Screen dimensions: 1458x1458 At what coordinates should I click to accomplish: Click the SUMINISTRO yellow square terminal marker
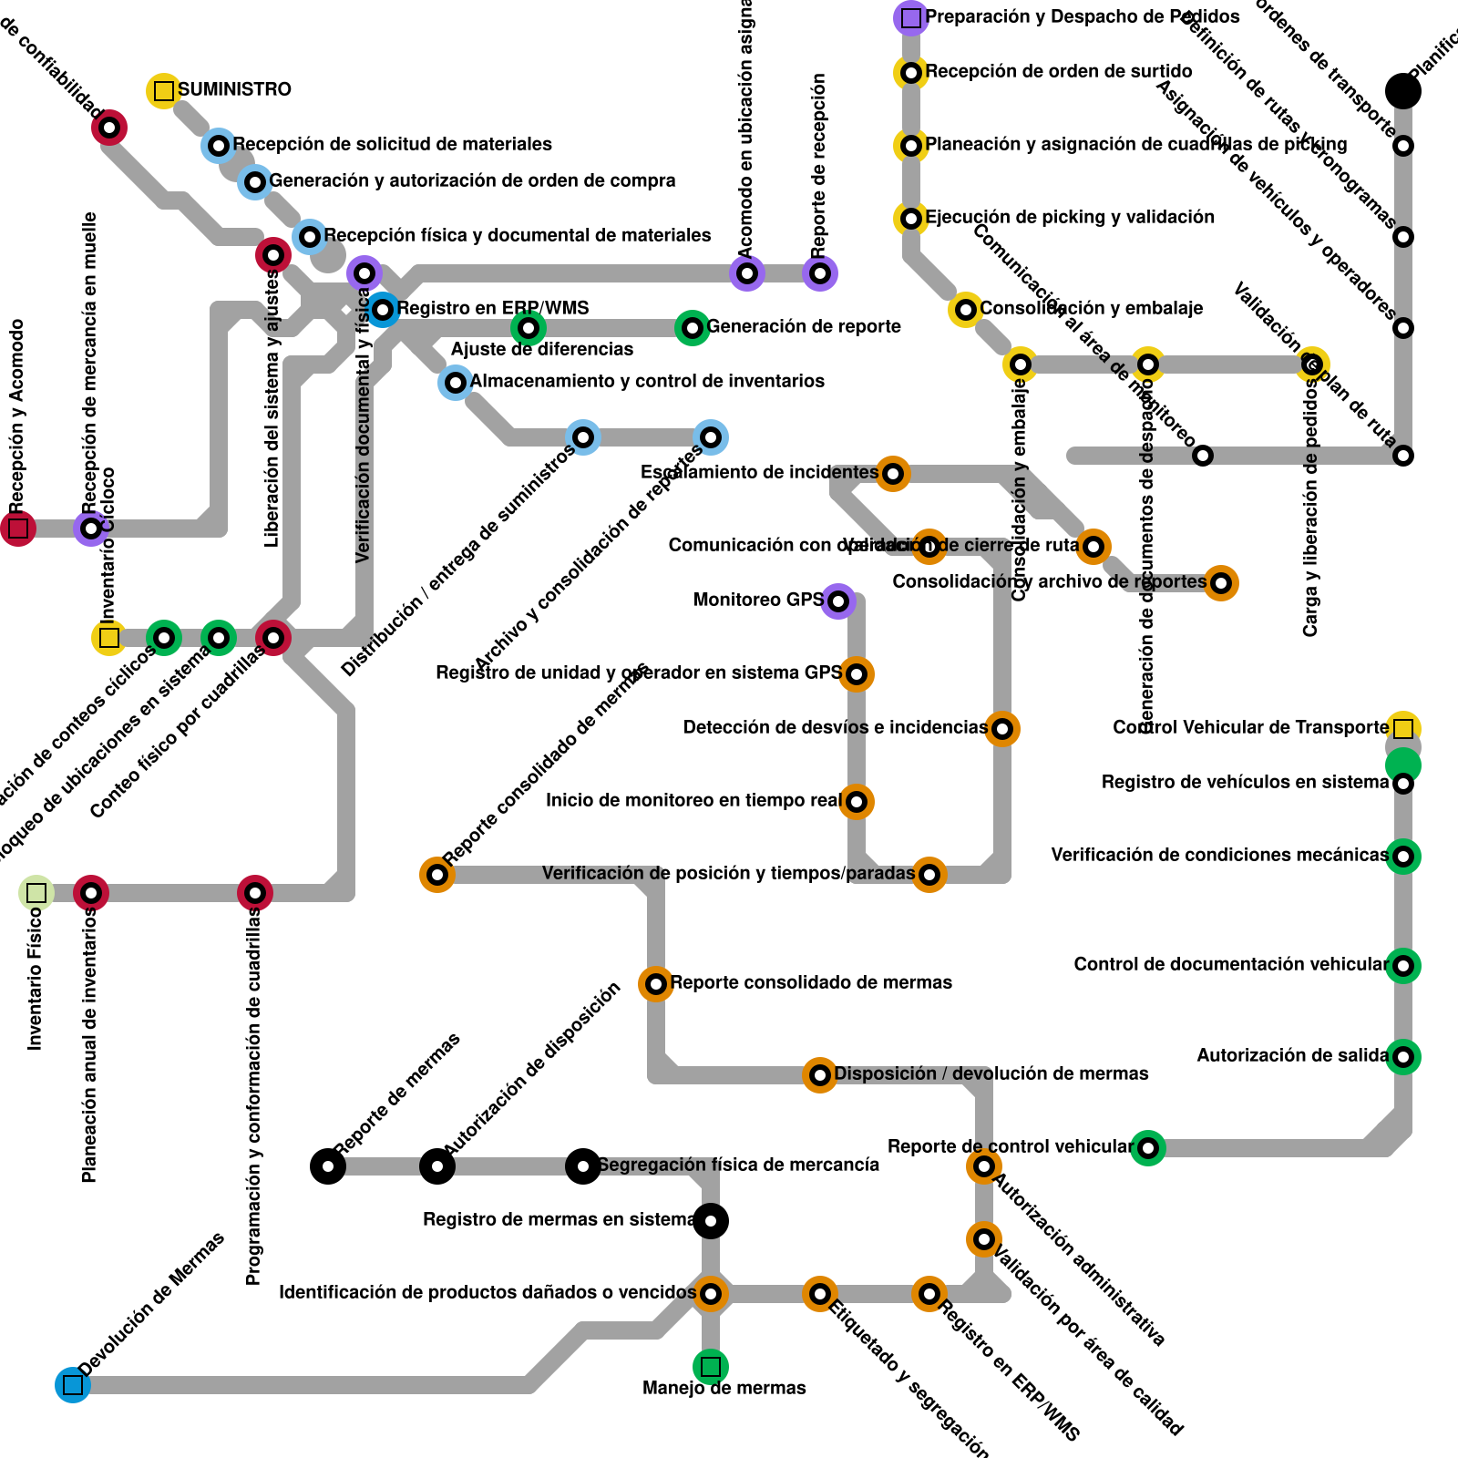pyautogui.click(x=164, y=90)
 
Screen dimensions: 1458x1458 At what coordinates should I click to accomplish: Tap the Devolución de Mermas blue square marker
pyautogui.click(x=73, y=1385)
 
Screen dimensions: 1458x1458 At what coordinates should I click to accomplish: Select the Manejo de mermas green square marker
pyautogui.click(x=711, y=1367)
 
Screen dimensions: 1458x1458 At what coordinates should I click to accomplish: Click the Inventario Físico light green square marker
pyautogui.click(x=36, y=893)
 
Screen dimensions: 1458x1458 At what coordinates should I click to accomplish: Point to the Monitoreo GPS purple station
pyautogui.click(x=838, y=601)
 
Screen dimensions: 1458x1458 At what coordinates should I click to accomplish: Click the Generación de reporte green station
pyautogui.click(x=693, y=328)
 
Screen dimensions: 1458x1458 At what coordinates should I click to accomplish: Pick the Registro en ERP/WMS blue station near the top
pyautogui.click(x=383, y=310)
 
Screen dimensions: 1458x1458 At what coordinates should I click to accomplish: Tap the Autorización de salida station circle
pyautogui.click(x=1403, y=1057)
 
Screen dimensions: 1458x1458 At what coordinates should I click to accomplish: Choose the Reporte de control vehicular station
pyautogui.click(x=1148, y=1148)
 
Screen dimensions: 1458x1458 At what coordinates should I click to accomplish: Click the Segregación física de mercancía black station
pyautogui.click(x=583, y=1166)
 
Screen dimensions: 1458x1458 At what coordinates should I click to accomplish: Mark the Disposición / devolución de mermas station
pyautogui.click(x=820, y=1075)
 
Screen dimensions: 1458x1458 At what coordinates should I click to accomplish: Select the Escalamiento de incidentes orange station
pyautogui.click(x=893, y=474)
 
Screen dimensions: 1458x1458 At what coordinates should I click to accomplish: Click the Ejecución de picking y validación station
pyautogui.click(x=911, y=219)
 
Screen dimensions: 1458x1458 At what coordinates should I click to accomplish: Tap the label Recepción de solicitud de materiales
pyautogui.click(x=392, y=144)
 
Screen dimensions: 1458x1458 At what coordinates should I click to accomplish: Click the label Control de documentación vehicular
pyautogui.click(x=1230, y=964)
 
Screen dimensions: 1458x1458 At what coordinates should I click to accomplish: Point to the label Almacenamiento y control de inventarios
pyautogui.click(x=647, y=381)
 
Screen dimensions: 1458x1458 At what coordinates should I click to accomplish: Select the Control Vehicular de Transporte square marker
pyautogui.click(x=1403, y=729)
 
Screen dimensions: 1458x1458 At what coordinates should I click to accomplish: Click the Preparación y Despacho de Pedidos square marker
pyautogui.click(x=911, y=17)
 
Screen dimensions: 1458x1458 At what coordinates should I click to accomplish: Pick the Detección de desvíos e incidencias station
pyautogui.click(x=1002, y=729)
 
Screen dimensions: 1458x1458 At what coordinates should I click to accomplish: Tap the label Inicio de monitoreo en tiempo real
pyautogui.click(x=693, y=800)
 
